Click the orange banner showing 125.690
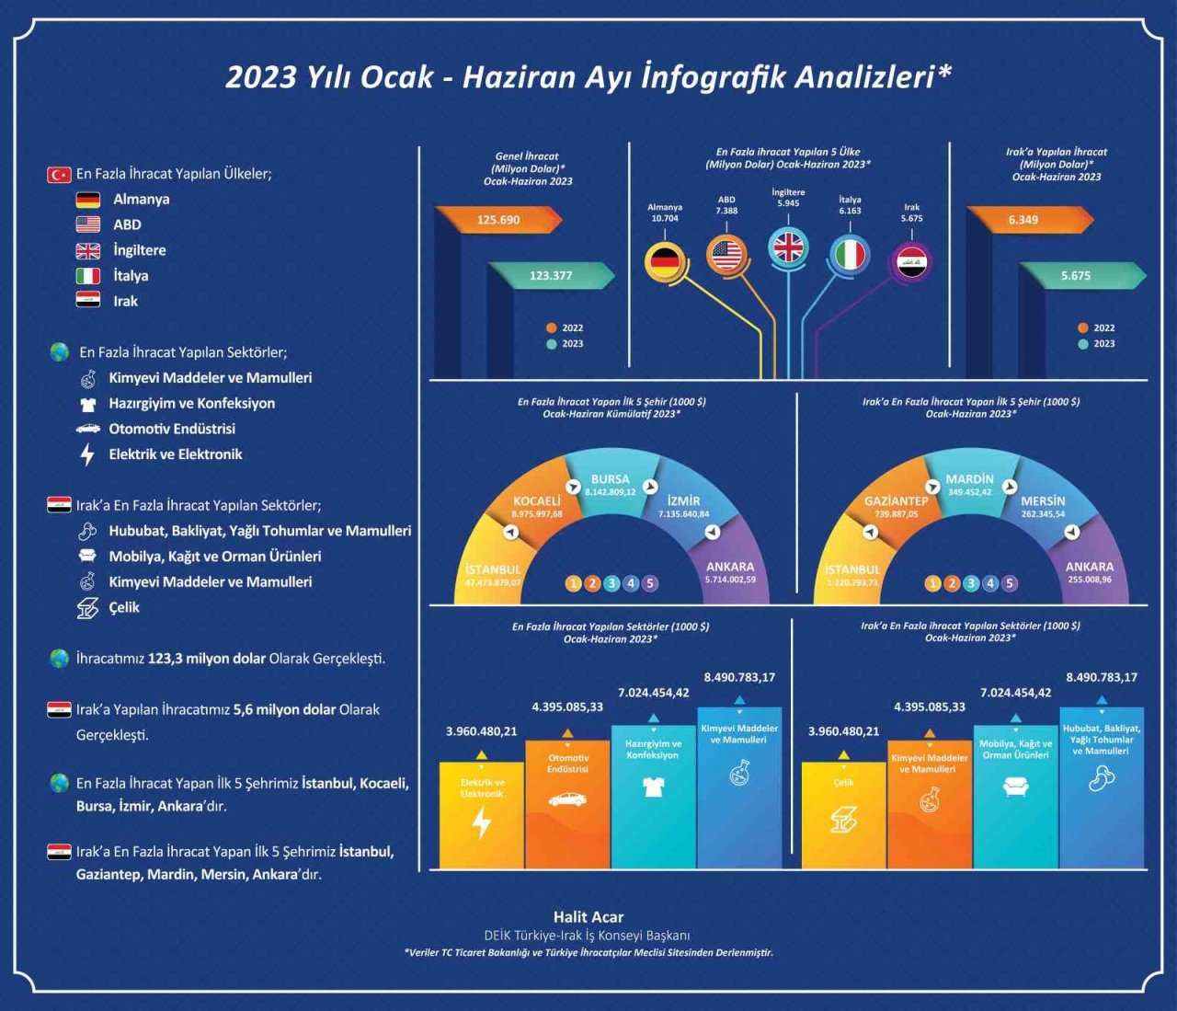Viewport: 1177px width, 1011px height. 497,220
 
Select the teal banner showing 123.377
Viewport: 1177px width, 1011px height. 551,275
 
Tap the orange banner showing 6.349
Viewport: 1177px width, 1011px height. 1023,220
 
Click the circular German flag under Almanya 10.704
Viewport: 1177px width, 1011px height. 664,261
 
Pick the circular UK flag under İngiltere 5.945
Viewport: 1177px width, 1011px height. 788,247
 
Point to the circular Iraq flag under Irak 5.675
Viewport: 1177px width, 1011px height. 912,261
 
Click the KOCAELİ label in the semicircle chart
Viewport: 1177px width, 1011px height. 537,501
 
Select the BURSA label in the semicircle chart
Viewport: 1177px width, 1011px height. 610,479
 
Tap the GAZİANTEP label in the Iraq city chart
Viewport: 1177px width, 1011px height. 896,501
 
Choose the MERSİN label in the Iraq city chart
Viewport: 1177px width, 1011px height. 1042,501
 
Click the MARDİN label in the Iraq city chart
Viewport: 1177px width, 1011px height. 969,479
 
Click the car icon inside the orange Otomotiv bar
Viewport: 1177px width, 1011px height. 567,799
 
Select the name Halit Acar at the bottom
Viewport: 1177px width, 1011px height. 588,917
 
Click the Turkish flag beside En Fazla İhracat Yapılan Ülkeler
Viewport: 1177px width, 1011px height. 59,174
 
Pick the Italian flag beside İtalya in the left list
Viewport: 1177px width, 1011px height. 88,276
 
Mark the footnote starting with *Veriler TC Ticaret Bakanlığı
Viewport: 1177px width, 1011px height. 588,953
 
